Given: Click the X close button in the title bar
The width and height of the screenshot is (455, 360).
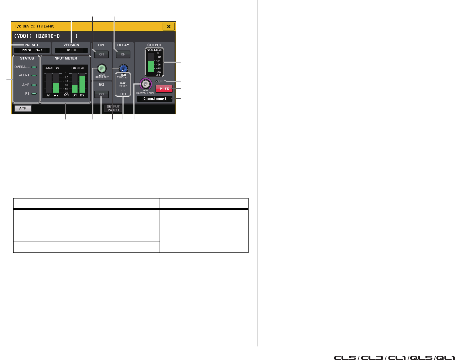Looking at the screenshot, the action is (x=169, y=26).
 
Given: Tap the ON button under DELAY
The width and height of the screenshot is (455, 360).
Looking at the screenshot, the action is (x=123, y=54).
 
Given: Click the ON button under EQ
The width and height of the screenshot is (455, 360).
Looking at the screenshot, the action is (x=102, y=94).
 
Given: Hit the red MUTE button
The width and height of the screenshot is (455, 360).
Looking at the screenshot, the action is (x=164, y=89).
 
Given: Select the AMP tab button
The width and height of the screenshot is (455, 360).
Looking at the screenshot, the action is (x=23, y=108).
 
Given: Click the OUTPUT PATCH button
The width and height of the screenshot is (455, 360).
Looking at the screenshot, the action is (x=113, y=108).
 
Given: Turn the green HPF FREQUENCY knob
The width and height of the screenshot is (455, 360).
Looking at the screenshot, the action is (x=102, y=68).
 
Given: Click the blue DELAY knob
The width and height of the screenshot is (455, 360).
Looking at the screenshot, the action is (x=123, y=68).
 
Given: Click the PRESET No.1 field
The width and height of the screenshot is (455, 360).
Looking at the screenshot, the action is (x=32, y=50).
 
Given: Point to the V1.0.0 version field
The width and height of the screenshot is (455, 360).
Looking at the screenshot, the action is (x=71, y=50).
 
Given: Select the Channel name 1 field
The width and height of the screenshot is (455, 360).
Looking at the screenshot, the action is (x=154, y=99).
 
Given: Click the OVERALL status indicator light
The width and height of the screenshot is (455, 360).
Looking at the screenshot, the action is (x=34, y=67).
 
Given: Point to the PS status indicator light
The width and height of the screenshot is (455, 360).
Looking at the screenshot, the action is (x=34, y=93).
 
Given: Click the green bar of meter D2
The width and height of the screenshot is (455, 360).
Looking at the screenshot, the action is (x=82, y=84).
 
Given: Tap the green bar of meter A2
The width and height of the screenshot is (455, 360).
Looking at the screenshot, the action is (x=56, y=88).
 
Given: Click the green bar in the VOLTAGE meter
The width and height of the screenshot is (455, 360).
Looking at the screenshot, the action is (x=151, y=67).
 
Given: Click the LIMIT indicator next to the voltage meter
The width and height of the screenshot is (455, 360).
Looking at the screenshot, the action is (x=157, y=81).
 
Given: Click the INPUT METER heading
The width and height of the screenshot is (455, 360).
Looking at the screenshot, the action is (x=65, y=58).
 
